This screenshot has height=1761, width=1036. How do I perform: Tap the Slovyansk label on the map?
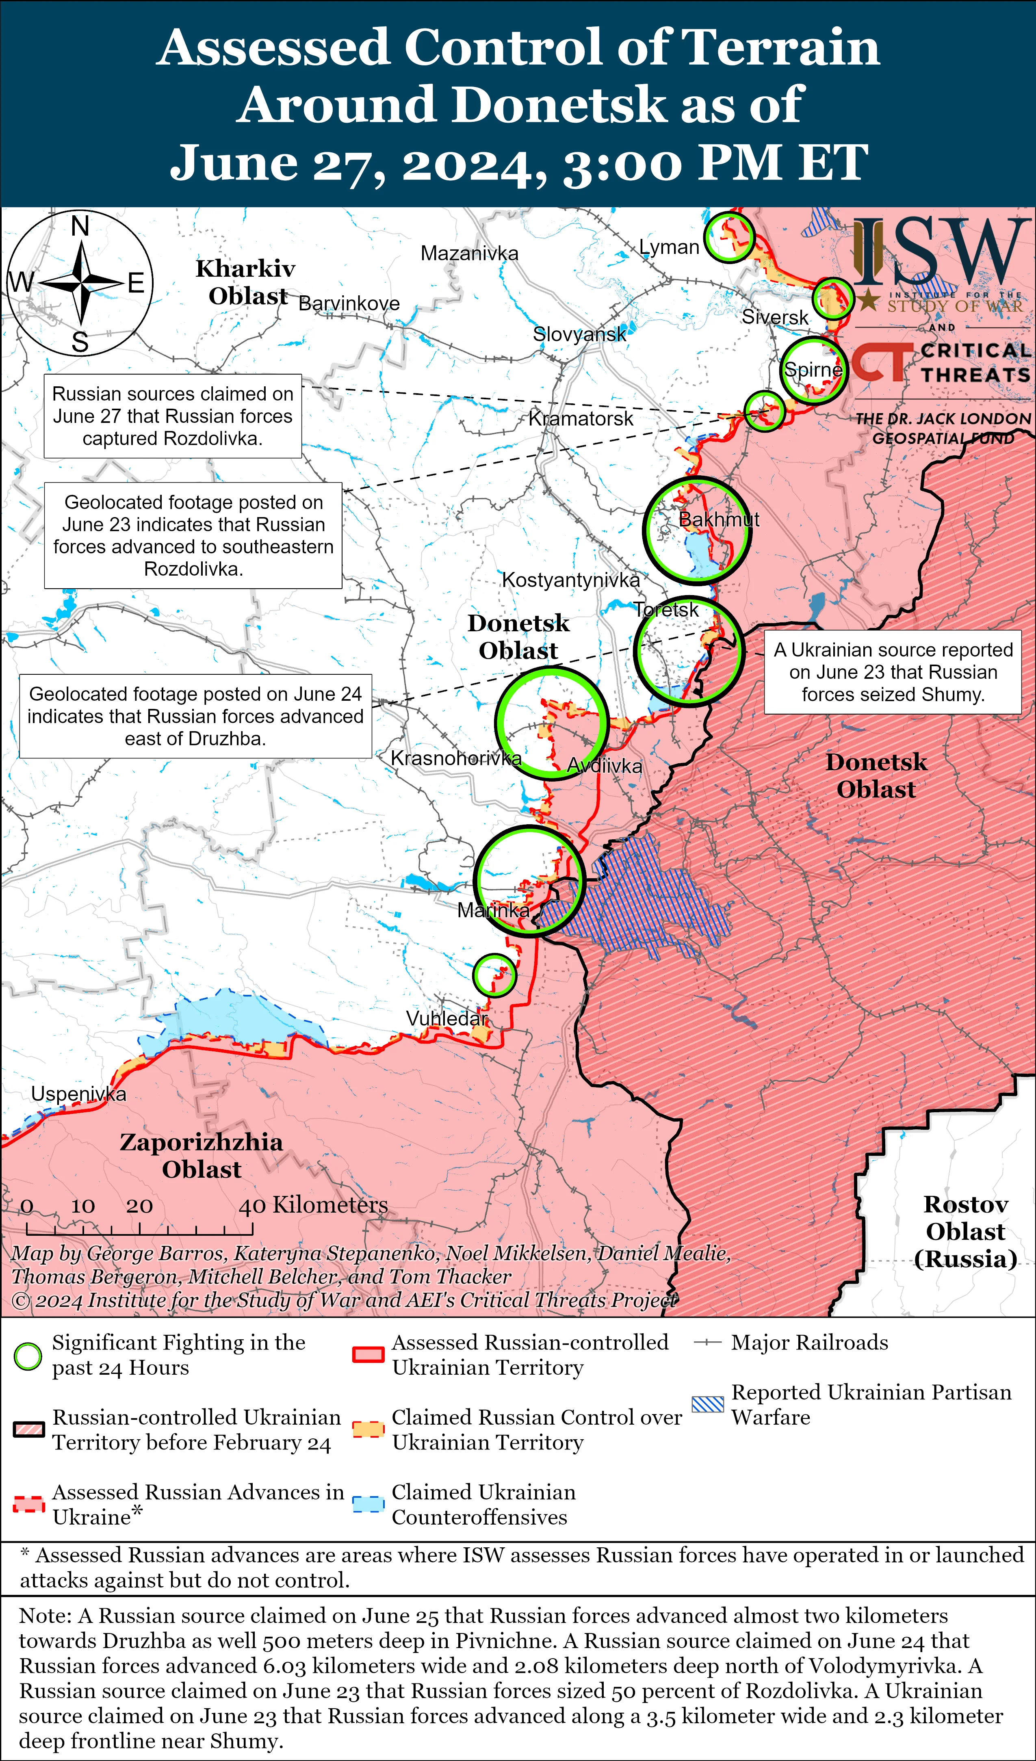coord(579,334)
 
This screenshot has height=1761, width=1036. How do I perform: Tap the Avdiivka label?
coord(604,766)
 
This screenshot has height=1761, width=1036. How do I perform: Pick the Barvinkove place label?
coord(349,303)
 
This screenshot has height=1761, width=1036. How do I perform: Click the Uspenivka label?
coord(78,1094)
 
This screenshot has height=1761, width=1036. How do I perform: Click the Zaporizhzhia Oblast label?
coord(202,1155)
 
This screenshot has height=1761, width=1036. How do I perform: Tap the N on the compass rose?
coord(80,226)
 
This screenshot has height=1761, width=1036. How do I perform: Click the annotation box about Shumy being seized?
coord(893,672)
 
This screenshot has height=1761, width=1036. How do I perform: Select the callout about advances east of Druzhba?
coord(195,716)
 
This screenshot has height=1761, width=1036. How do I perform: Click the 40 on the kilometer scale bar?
coord(251,1205)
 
